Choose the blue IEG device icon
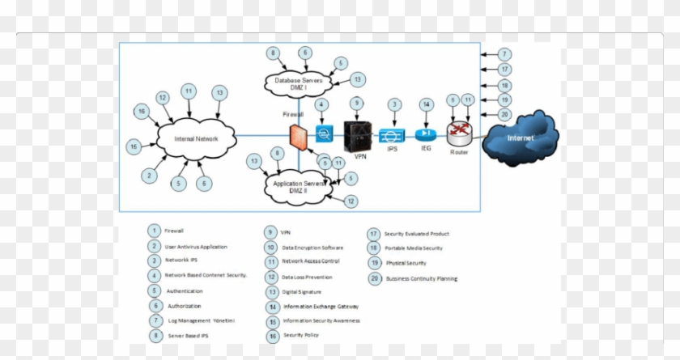[x=426, y=134]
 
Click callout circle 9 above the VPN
[x=356, y=104]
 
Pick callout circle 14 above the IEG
[x=426, y=104]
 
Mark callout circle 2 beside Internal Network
[x=148, y=175]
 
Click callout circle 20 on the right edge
[x=504, y=114]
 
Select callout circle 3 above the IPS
[x=394, y=104]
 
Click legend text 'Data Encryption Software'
[x=312, y=248]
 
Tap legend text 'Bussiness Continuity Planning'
[x=420, y=278]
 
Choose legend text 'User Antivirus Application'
[x=196, y=246]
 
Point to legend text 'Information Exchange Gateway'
[x=321, y=307]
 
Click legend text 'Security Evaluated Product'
[x=416, y=234]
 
